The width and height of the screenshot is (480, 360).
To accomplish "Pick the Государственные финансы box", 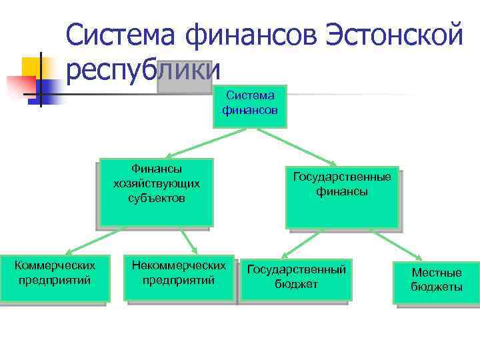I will pyautogui.click(x=342, y=197).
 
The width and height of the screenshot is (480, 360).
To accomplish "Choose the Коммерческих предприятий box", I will pyautogui.click(x=54, y=279).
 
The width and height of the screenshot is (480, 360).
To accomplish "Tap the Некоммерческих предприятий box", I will pyautogui.click(x=179, y=279).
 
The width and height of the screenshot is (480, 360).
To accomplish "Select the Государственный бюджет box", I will pyautogui.click(x=296, y=279).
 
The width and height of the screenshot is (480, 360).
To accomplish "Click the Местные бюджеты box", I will pyautogui.click(x=436, y=281).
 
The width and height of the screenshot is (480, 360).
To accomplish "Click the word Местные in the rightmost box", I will pyautogui.click(x=436, y=273).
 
